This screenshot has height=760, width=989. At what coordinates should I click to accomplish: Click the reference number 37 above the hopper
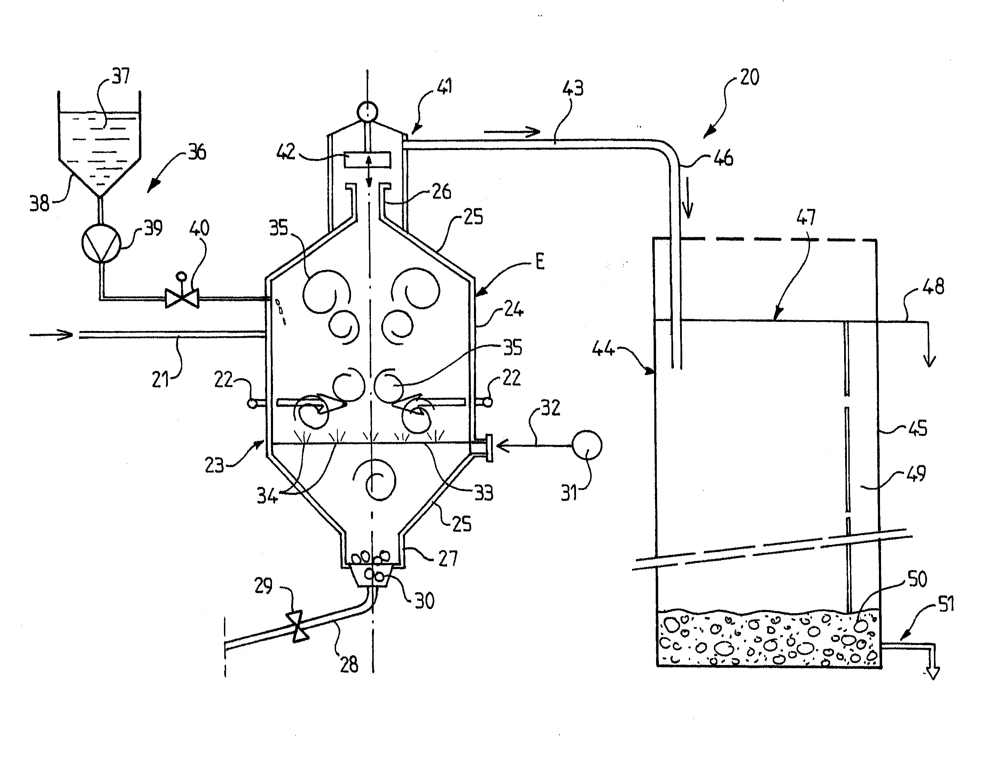121,76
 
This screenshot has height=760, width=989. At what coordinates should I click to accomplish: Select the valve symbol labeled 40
181,299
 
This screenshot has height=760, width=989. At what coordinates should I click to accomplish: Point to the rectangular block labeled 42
367,159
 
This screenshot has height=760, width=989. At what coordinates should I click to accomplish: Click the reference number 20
749,77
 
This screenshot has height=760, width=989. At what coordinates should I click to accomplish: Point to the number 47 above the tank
806,217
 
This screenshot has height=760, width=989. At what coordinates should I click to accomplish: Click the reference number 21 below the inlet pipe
160,379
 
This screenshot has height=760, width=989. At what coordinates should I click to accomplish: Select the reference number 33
483,493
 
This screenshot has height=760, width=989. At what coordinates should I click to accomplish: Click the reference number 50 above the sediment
917,579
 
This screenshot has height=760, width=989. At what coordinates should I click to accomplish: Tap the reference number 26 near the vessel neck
441,192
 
